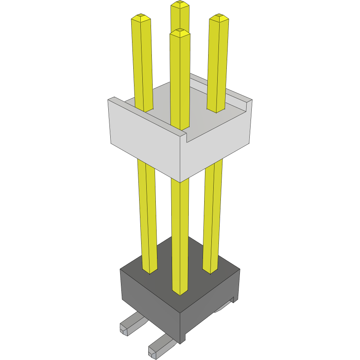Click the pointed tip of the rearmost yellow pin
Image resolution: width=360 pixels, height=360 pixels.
[180, 4]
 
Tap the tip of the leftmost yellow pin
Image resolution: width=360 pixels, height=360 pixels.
[141, 17]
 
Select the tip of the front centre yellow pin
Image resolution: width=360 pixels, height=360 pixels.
[180, 32]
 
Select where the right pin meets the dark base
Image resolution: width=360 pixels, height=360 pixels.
[210, 271]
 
